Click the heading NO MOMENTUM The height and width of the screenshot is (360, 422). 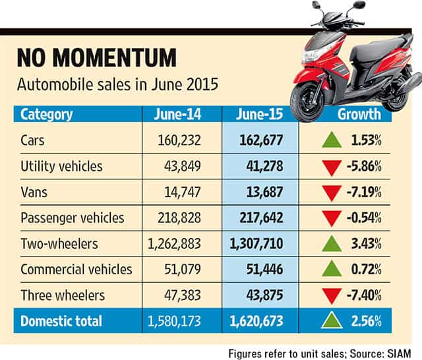pos(97,57)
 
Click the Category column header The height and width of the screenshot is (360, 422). pos(47,115)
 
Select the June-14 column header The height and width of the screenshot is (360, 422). pos(177,114)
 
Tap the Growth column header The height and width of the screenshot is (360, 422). pos(359,114)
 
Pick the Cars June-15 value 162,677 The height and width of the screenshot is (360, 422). pos(261,140)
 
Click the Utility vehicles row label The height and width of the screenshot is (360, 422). pos(61,166)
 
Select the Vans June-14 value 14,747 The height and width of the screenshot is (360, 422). pos(183,192)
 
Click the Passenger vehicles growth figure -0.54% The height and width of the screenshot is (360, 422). pos(364,218)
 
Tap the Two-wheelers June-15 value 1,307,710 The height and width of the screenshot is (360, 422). pos(256,243)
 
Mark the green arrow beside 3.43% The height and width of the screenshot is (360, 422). pos(332,243)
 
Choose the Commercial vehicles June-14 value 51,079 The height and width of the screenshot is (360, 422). pos(183,269)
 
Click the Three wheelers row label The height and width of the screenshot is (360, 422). pos(63,295)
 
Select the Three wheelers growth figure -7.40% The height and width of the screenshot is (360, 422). pos(364,295)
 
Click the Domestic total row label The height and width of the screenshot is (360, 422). pos(61,321)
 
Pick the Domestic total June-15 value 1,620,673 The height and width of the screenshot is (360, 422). pos(256,321)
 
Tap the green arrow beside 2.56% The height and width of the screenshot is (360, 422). pos(332,320)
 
